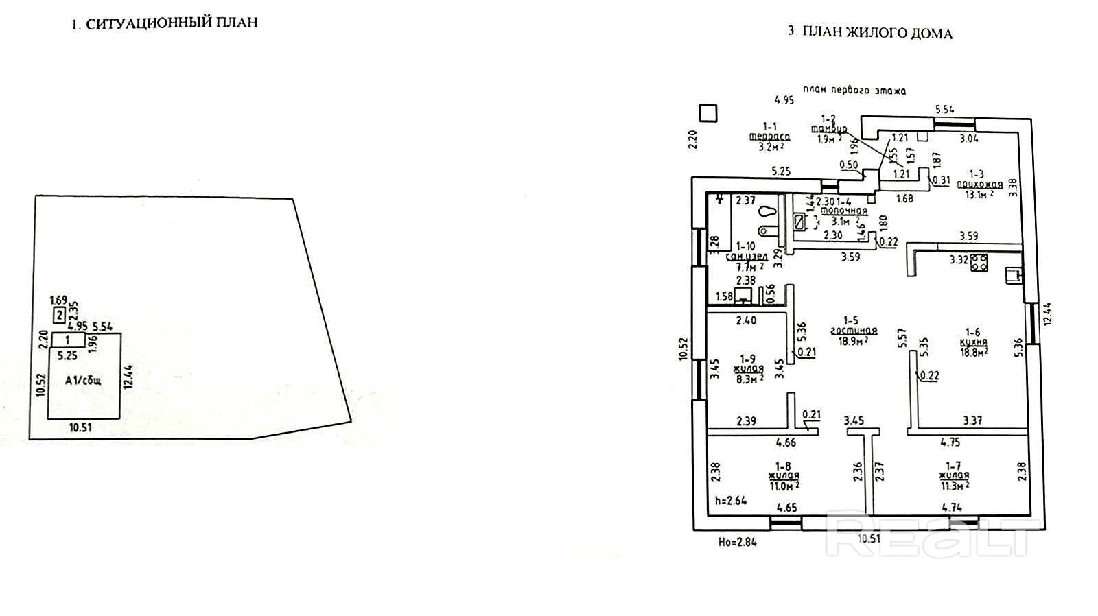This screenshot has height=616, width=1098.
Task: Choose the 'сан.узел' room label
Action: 747,256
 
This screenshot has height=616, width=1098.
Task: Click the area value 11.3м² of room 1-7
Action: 955,486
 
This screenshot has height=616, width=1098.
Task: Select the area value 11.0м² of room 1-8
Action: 784,486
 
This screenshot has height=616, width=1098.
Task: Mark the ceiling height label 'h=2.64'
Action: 730,500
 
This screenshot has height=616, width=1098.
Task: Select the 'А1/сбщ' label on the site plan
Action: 83,379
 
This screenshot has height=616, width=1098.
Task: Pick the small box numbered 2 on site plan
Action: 60,315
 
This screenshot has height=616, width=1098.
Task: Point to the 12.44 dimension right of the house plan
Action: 1044,315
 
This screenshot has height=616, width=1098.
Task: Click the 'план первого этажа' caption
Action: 856,90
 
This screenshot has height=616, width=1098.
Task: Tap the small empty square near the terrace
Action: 707,112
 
